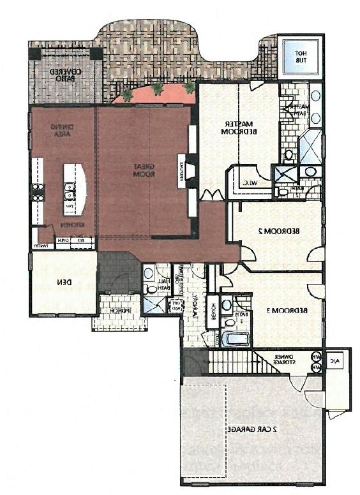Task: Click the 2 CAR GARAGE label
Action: coord(253,429)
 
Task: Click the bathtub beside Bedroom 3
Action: coord(235,338)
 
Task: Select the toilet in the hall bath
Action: coord(151,289)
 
